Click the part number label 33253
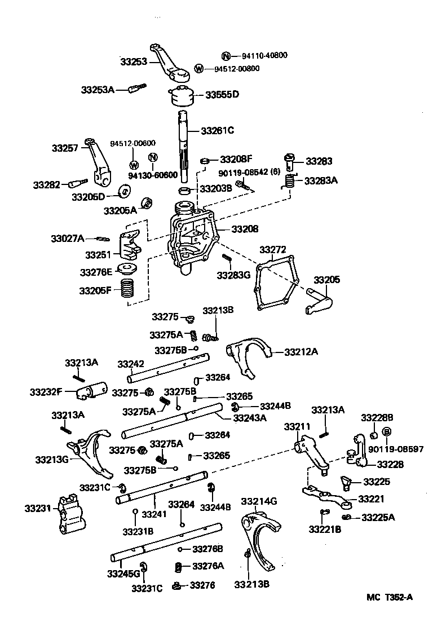[x=134, y=60]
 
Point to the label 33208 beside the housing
[x=244, y=229]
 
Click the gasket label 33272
[x=273, y=249]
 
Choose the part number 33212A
[x=301, y=352]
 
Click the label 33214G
[x=259, y=501]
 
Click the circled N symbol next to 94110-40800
[x=226, y=55]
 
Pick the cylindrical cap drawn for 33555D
[x=181, y=97]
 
